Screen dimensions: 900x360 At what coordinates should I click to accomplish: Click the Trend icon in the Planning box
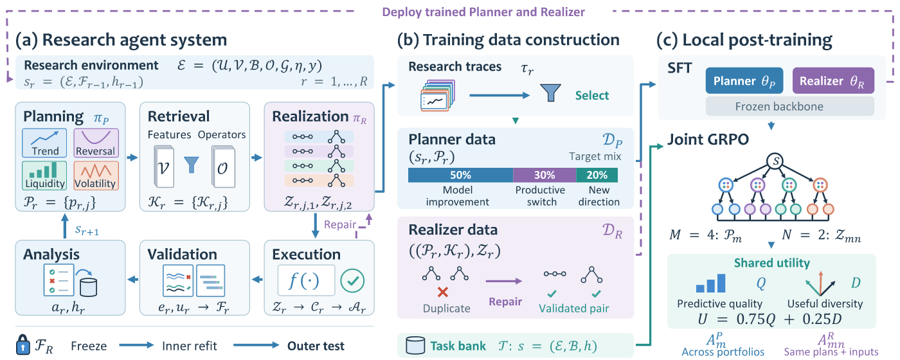[44, 143]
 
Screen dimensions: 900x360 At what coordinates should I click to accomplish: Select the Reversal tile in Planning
[96, 143]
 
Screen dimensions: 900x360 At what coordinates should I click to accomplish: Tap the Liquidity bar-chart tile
[44, 175]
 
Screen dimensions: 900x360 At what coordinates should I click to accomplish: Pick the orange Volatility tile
[96, 175]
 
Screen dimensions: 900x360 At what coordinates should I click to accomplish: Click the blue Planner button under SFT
[744, 81]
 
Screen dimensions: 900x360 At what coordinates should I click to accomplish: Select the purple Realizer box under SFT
[833, 81]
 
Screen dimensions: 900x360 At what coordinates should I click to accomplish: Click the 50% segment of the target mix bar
[460, 175]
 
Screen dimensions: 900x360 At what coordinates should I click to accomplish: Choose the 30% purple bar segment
[544, 175]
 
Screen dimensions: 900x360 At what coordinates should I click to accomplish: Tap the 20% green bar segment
[597, 175]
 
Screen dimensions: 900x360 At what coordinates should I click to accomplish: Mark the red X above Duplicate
[443, 292]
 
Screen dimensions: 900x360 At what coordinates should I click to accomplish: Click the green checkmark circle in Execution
[352, 280]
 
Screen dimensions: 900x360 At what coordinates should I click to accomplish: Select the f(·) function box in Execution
[306, 280]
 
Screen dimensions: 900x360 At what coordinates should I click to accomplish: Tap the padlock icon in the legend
[23, 345]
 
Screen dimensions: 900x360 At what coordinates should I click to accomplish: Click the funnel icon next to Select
[550, 93]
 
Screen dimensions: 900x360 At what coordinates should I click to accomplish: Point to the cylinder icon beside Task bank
[415, 346]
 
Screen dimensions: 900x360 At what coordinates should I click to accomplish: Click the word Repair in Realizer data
[505, 301]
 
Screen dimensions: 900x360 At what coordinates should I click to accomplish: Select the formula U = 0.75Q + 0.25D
[770, 319]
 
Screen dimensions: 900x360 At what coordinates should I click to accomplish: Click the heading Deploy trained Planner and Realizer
[483, 12]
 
